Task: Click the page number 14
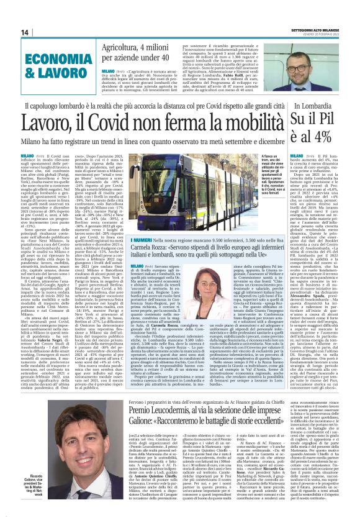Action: tap(25, 32)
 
